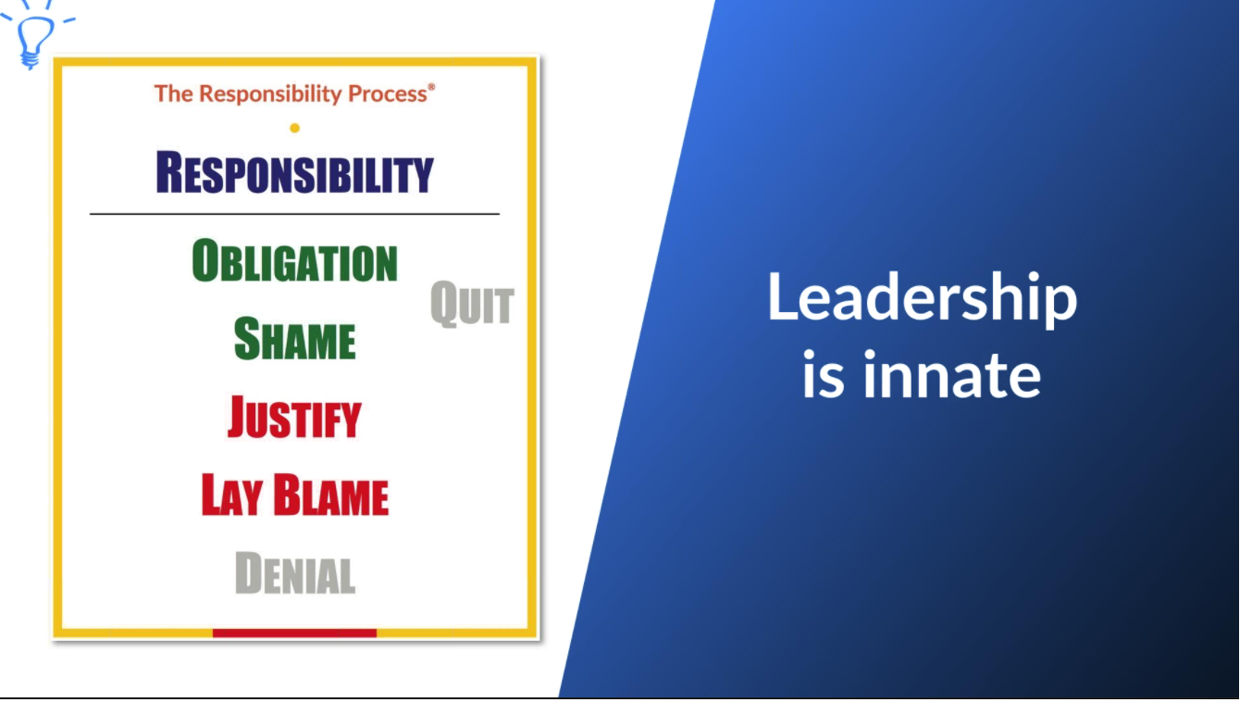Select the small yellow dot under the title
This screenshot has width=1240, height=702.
pyautogui.click(x=294, y=128)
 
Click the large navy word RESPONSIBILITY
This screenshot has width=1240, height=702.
pyautogui.click(x=294, y=172)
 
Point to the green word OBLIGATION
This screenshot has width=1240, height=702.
pyautogui.click(x=294, y=261)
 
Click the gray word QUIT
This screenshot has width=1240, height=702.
pyautogui.click(x=472, y=305)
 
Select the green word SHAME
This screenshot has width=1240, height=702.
pyautogui.click(x=294, y=339)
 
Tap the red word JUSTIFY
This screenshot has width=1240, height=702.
pyautogui.click(x=294, y=418)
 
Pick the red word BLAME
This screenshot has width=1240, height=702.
pyautogui.click(x=330, y=495)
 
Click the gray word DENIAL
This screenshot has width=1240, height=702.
pyautogui.click(x=294, y=573)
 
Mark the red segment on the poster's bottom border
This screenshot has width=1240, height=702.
pyautogui.click(x=294, y=633)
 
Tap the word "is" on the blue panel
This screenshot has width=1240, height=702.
pyautogui.click(x=821, y=375)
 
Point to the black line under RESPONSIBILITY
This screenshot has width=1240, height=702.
pyautogui.click(x=294, y=214)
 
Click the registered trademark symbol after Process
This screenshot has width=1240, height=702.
pyautogui.click(x=431, y=86)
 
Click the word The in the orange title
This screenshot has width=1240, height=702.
pyautogui.click(x=173, y=94)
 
